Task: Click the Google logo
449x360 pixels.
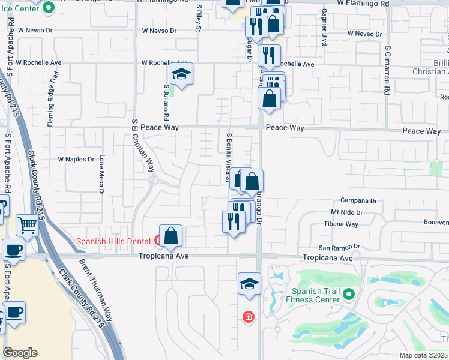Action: tap(20, 353)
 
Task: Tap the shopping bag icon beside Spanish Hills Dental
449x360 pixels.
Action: tap(171, 236)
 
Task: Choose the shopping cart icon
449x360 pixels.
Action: tap(27, 226)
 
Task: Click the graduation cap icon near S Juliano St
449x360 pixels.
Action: tap(179, 74)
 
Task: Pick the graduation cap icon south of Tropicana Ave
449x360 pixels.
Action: tap(249, 283)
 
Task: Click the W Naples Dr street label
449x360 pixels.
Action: tap(76, 159)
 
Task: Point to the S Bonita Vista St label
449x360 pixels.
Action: tap(228, 156)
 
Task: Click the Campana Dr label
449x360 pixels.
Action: tap(358, 201)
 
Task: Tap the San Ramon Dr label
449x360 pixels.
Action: tap(339, 247)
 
